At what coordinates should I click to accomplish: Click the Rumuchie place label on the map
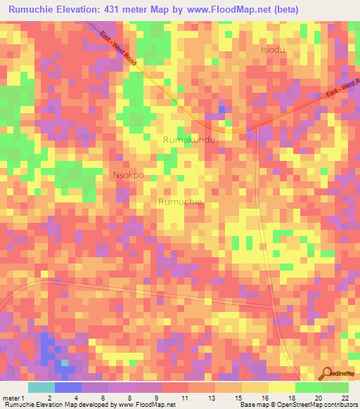pos(181,202)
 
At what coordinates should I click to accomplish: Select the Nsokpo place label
pos(129,174)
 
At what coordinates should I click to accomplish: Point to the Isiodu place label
pos(274,51)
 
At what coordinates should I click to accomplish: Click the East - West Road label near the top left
pos(117,48)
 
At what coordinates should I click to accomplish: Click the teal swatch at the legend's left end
pos(41,387)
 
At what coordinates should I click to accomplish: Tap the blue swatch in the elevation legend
pos(68,387)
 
